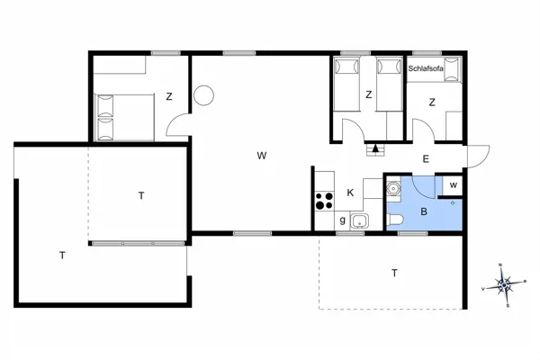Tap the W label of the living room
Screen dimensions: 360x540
tap(261, 156)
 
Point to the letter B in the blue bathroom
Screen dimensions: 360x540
tap(424, 212)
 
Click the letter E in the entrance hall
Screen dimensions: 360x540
tap(426, 158)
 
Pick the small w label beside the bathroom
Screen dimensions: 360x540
tap(453, 185)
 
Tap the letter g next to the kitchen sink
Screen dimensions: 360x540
tap(343, 220)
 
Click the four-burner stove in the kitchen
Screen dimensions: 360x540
tap(324, 202)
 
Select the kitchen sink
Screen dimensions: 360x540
tap(358, 220)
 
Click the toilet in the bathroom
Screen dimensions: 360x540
tap(396, 221)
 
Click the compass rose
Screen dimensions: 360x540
tap(506, 286)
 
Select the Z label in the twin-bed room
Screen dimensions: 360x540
tap(368, 94)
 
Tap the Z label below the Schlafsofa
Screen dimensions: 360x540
tap(432, 102)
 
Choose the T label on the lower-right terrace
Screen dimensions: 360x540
tap(394, 272)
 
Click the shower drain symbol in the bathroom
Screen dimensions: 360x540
tap(453, 203)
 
